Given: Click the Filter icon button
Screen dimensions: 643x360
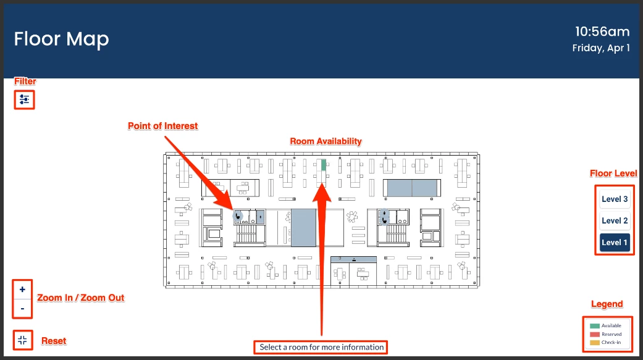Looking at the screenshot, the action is tap(24, 99).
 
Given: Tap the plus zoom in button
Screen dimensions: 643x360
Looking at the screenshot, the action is tap(23, 290).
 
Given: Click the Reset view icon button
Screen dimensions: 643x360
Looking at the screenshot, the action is tap(23, 340).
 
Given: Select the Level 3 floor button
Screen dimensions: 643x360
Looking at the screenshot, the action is tap(615, 199).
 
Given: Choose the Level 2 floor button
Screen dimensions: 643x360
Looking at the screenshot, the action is tap(615, 220).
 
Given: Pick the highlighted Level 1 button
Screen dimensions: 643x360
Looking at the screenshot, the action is tap(615, 242).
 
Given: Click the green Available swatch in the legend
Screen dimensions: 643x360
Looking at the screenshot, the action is tap(595, 326).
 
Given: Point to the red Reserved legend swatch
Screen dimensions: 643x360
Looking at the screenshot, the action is tap(595, 335).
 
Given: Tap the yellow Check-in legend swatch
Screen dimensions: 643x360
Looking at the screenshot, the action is tap(595, 343).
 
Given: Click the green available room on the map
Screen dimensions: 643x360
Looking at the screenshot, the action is tap(324, 165).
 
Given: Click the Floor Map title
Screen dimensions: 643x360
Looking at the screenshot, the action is tap(62, 40).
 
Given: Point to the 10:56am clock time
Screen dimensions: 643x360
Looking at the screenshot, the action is tap(602, 31).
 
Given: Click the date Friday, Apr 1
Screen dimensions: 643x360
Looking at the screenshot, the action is tap(601, 48).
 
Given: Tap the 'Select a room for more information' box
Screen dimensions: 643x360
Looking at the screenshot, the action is tap(321, 347).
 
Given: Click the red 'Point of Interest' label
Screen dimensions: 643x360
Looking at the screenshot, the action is tap(163, 126).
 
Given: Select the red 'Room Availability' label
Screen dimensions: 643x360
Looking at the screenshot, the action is tap(326, 141).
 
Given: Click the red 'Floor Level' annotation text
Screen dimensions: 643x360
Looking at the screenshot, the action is tap(613, 174).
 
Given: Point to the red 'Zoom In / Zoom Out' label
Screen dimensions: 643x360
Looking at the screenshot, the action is tap(81, 298).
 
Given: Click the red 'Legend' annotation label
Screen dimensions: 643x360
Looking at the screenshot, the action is tap(607, 304).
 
